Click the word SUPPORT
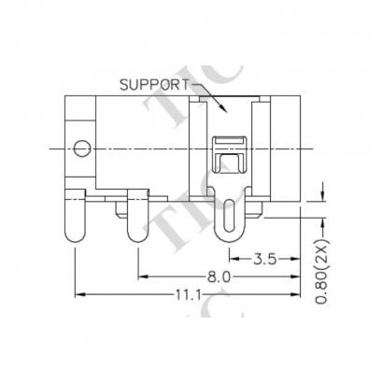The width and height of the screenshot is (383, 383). (152, 85)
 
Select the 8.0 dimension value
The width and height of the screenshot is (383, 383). (218, 277)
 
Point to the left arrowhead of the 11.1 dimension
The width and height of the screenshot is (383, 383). (78, 295)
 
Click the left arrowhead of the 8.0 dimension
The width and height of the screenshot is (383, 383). (142, 277)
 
